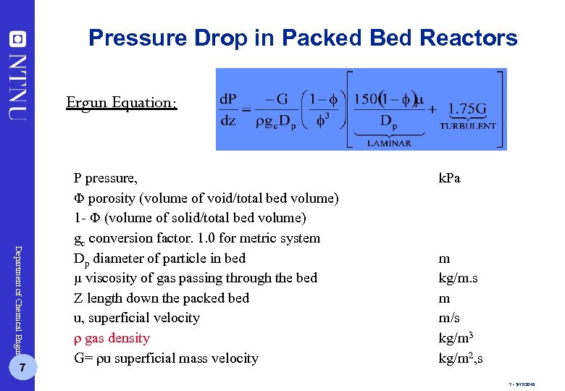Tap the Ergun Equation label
tap(121, 102)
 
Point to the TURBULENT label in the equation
tap(468, 125)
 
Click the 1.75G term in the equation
tap(466, 109)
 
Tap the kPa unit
tap(450, 178)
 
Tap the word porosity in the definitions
tap(112, 198)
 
